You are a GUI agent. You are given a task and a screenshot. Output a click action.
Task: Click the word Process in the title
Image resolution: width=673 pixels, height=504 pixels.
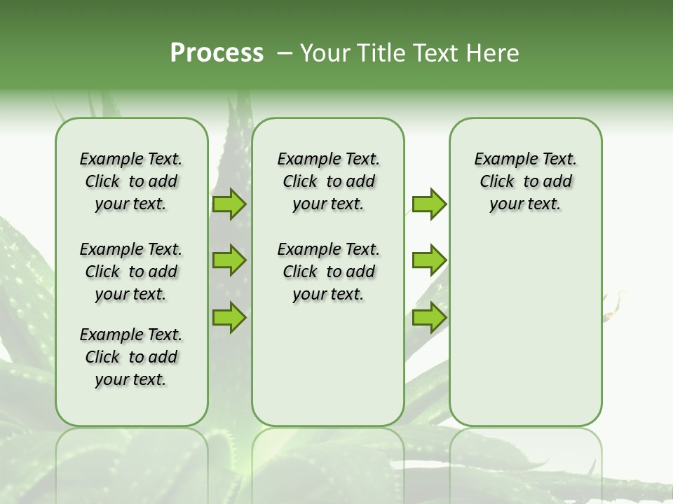217,53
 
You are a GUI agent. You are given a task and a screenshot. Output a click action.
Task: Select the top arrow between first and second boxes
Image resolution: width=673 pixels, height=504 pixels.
229,204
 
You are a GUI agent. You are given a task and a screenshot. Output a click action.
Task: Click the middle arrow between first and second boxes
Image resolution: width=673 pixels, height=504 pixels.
229,260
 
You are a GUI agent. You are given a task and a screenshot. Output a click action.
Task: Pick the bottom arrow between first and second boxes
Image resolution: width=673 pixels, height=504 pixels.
229,317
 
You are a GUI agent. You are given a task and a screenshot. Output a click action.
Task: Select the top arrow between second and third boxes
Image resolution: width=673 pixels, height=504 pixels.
429,204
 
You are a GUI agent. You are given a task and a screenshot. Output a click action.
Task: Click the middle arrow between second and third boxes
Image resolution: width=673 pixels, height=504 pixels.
429,260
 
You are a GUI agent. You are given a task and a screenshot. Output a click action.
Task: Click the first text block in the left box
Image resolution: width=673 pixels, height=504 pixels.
131,181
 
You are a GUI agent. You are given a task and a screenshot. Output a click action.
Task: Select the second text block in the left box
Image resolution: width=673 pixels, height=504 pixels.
131,272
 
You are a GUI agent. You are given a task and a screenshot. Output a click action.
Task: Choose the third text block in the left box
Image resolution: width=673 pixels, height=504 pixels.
131,357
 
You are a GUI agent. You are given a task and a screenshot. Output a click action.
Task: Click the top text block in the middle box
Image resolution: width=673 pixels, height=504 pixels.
328,181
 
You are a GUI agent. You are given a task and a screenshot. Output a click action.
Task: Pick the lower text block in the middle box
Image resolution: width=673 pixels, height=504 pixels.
328,272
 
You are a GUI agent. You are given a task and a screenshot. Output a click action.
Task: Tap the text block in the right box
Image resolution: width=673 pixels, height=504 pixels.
526,181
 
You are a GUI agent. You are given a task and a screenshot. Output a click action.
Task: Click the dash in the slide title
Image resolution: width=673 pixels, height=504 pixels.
285,53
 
